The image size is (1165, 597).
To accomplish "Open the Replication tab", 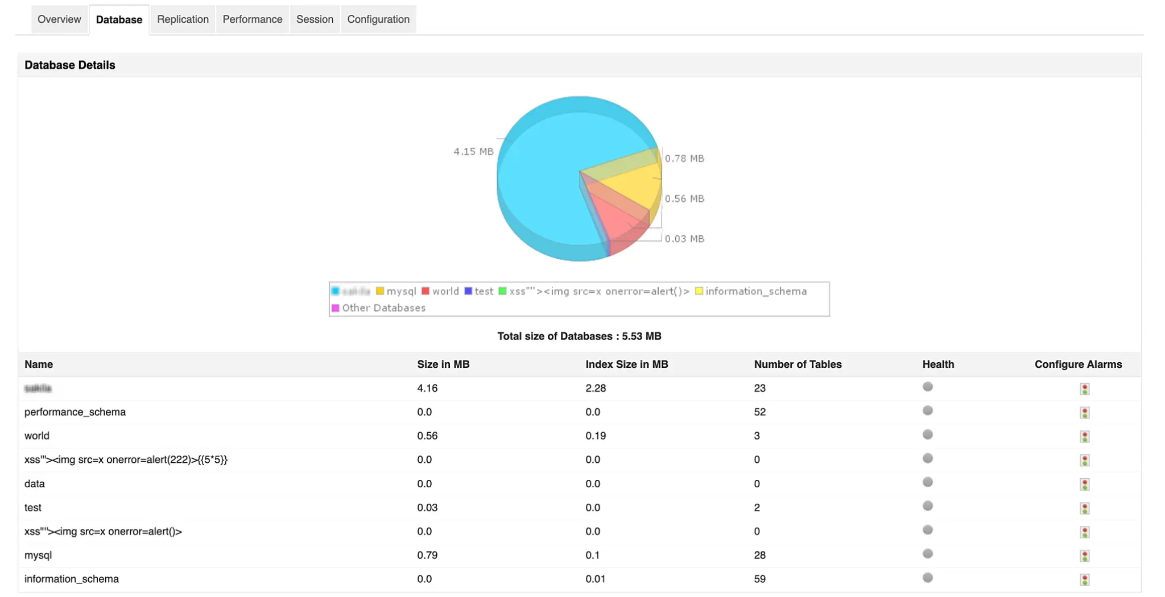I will (x=183, y=19).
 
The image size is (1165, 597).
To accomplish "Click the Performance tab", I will (x=252, y=19).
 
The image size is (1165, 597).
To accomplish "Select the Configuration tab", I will (x=378, y=19).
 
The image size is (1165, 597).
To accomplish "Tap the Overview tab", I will (x=59, y=19).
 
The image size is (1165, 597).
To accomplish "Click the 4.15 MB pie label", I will (x=473, y=152).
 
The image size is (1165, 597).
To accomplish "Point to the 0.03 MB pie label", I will (x=684, y=239).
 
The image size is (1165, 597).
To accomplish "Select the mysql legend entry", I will (x=396, y=291).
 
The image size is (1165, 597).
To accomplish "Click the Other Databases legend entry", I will (x=379, y=308).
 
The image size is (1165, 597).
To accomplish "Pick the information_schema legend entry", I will (x=751, y=291).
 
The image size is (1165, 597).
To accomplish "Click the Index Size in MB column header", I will (x=626, y=364).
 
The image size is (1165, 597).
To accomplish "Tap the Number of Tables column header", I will (x=798, y=364).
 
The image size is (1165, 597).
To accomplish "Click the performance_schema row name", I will (x=75, y=412).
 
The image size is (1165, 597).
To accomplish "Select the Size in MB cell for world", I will (x=427, y=436).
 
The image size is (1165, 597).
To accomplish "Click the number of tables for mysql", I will (x=759, y=555).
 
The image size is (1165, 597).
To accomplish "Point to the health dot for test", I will (x=928, y=506).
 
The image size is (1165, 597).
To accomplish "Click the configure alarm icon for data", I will (x=1085, y=484).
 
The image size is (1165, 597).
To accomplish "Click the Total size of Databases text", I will (x=579, y=336).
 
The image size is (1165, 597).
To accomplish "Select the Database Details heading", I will (x=70, y=65).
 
